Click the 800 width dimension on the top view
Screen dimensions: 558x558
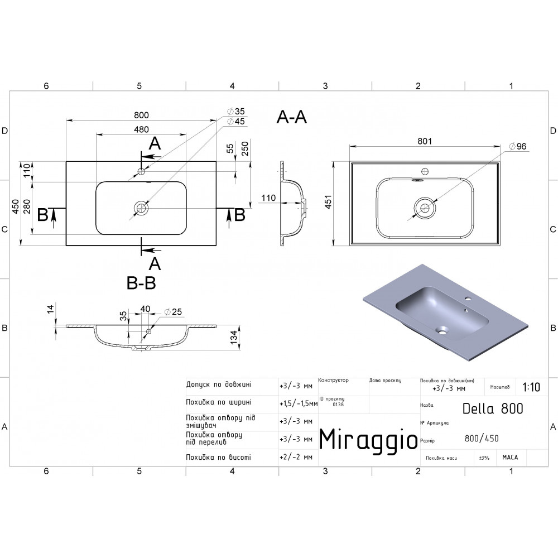point(141,115)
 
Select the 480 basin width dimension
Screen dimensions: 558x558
point(141,129)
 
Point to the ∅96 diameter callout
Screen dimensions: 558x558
point(517,146)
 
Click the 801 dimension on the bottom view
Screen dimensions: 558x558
point(425,141)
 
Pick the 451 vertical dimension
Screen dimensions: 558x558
point(328,202)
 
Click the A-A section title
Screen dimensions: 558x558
point(291,117)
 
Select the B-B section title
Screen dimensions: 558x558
point(141,283)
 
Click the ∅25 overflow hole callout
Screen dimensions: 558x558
point(173,312)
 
